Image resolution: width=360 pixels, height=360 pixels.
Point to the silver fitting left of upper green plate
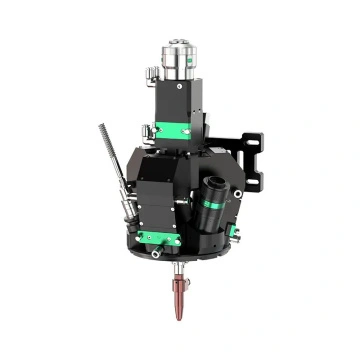(147, 127)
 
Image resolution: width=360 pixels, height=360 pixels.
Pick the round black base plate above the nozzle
(180, 256)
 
